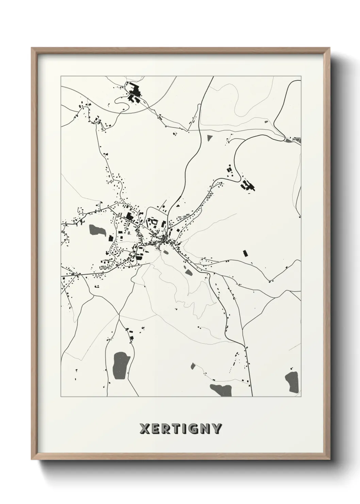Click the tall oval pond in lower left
tap(119, 363)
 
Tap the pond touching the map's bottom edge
tap(220, 389)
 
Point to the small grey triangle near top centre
tap(209, 138)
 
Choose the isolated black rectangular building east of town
tap(244, 253)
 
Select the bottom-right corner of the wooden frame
tap(330, 461)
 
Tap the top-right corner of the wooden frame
tap(330, 48)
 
